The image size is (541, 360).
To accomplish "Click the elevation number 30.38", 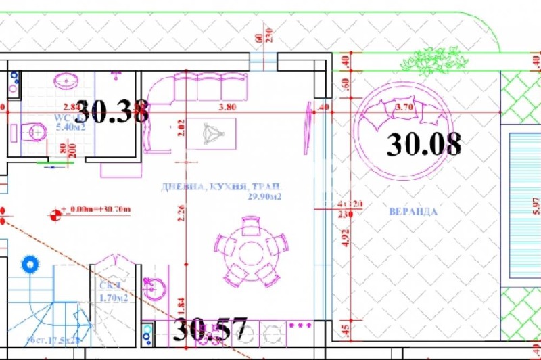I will pos(112,112).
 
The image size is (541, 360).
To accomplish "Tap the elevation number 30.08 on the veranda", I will pos(424,143).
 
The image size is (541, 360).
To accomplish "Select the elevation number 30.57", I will pos(210,329).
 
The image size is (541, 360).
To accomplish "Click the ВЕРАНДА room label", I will pos(413,211).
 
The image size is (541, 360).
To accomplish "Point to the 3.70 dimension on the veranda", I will pos(404,106).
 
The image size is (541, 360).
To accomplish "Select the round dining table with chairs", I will pos(250,248).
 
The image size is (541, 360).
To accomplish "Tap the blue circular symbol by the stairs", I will pos(29,263).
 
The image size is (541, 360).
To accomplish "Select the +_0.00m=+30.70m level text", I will pos(95,209).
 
